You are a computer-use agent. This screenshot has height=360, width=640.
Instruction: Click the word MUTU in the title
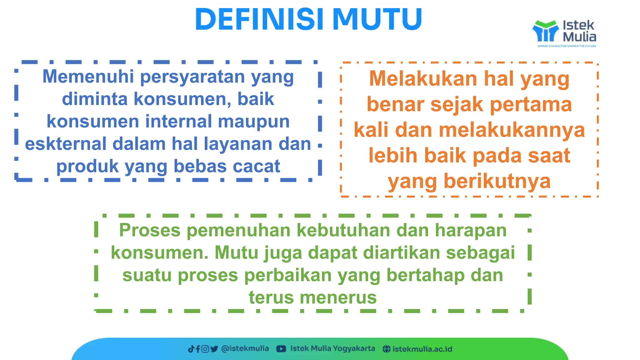(377, 19)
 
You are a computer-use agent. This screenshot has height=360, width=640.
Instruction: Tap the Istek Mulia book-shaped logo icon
(545, 31)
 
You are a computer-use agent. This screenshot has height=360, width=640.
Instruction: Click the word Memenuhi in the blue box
(88, 77)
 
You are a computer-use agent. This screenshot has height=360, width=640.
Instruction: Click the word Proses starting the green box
(150, 231)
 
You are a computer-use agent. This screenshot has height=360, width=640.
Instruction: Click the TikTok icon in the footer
(191, 349)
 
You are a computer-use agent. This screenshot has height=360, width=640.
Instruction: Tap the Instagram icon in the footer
(205, 349)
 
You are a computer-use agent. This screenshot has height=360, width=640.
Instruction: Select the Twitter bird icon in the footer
(214, 349)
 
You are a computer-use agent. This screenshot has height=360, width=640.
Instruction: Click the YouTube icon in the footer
(281, 349)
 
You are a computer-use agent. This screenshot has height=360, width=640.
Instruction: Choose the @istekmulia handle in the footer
(245, 349)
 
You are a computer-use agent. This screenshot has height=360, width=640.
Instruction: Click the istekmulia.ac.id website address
(422, 349)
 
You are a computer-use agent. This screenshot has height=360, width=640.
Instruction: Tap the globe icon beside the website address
(387, 349)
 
